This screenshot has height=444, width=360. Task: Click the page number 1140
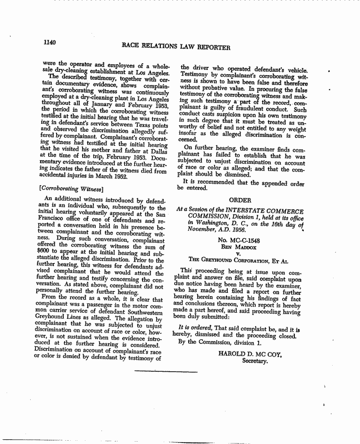[50, 43]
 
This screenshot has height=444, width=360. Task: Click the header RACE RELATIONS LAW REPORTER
[176, 47]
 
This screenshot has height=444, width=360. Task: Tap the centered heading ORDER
[240, 200]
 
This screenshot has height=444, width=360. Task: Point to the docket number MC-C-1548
[240, 240]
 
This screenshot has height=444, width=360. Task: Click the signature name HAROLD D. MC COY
[250, 354]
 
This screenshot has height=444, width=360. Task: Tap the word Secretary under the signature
[254, 361]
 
